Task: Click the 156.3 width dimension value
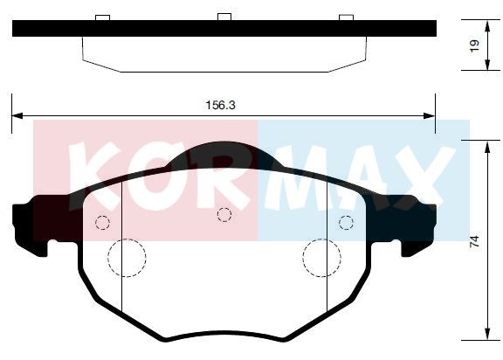click(220, 105)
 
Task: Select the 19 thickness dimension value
click(474, 45)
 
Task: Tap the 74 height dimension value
click(474, 241)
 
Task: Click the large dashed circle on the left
click(108, 258)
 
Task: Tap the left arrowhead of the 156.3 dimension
click(17, 115)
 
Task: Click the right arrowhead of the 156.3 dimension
click(430, 115)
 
